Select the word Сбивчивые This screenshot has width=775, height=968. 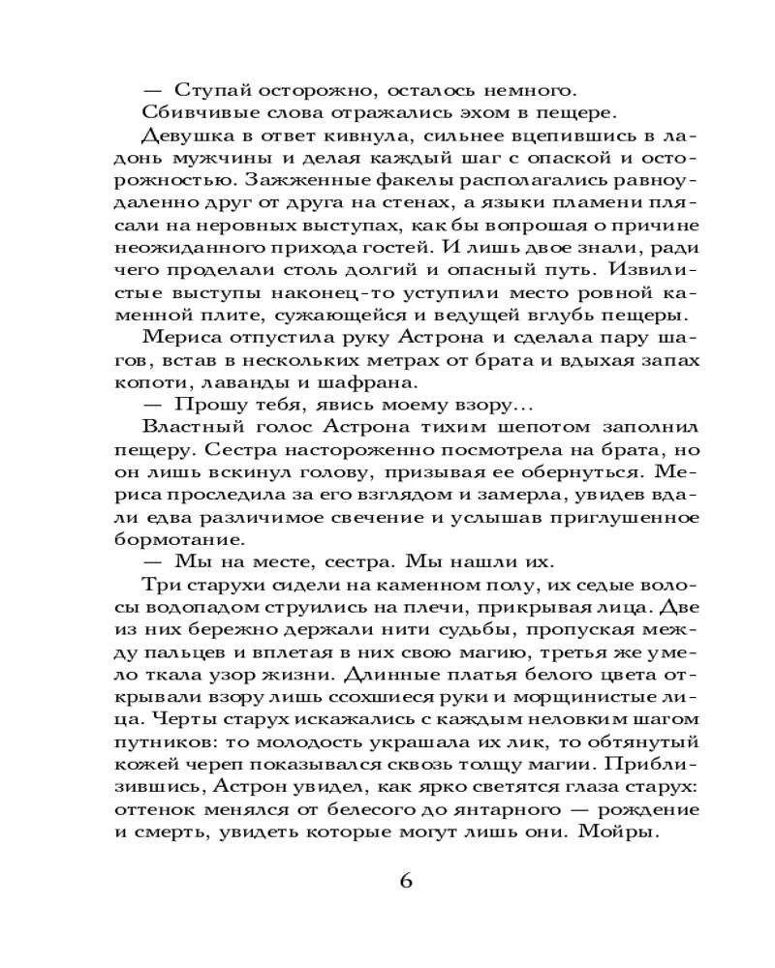click(x=184, y=112)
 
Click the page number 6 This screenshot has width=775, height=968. click(x=406, y=880)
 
